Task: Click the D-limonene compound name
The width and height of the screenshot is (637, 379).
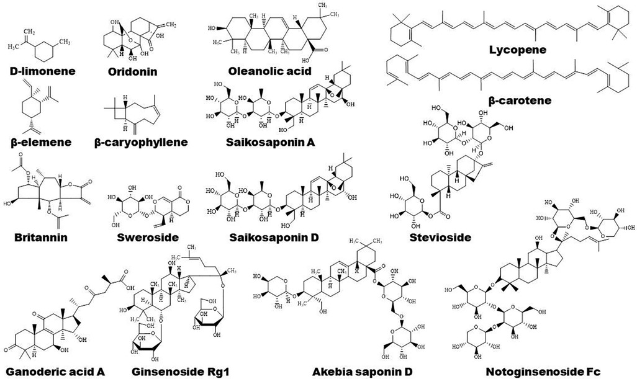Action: point(42,71)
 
